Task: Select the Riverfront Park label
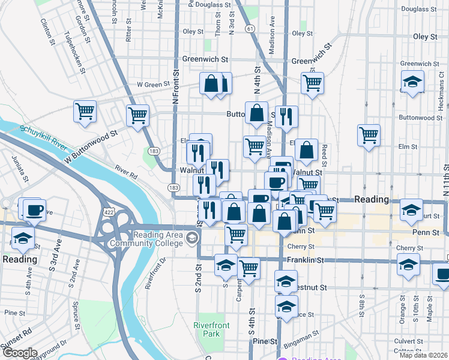208,329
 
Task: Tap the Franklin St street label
306,260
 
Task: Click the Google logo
19,353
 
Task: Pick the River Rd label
127,173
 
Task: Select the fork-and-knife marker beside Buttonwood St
288,116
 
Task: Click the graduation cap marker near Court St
411,209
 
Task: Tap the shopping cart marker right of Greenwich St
312,83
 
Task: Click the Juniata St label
18,169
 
